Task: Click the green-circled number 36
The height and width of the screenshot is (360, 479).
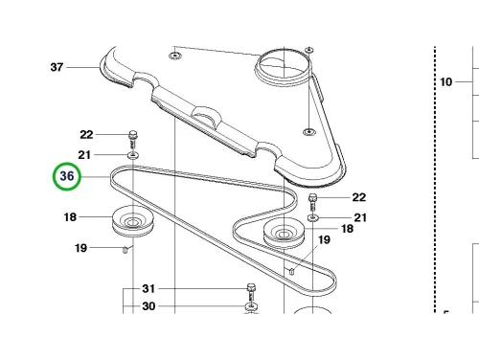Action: tap(67, 176)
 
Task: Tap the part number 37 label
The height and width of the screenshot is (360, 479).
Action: tap(57, 67)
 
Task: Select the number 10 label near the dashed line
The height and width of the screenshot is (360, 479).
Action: tap(446, 82)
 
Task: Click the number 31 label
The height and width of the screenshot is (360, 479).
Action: tap(148, 288)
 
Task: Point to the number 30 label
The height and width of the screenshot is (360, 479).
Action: tap(148, 306)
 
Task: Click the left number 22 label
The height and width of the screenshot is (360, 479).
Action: tap(86, 135)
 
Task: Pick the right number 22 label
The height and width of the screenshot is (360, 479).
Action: tap(359, 197)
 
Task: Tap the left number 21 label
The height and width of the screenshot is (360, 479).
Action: tap(84, 155)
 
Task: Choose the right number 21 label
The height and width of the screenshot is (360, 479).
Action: tap(360, 217)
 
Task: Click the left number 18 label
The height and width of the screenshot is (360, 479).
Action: tap(70, 217)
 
